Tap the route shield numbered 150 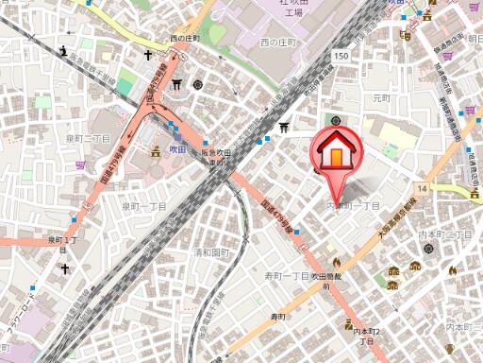coord(341,58)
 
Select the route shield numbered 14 coord(422,190)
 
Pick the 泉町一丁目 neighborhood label coord(144,205)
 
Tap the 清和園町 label coord(212,253)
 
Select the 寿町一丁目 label coord(286,276)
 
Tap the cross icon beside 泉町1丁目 coord(65,268)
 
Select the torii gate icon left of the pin coord(285,128)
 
